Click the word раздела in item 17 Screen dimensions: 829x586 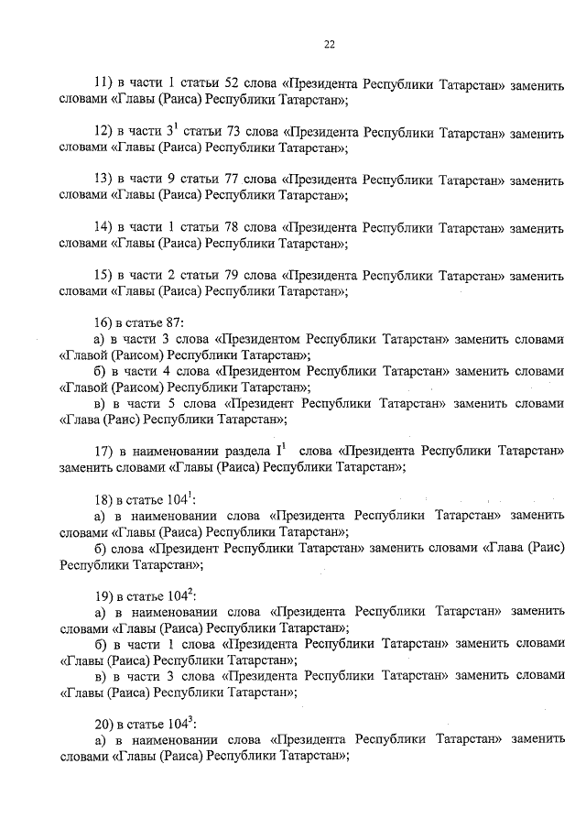[245, 451]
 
